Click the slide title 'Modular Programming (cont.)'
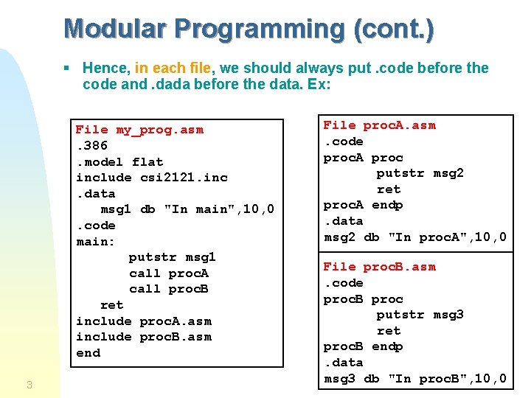[249, 29]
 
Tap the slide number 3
[29, 384]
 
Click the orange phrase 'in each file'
[173, 68]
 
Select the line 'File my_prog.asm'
[139, 130]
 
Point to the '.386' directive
[91, 146]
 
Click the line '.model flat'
[119, 162]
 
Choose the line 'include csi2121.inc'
[152, 178]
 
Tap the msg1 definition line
[187, 209]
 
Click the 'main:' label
[96, 242]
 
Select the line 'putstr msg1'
[172, 257]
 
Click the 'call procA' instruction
[169, 273]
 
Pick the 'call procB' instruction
[169, 289]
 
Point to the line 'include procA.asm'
[144, 321]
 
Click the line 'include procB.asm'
[144, 337]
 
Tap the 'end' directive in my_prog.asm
[88, 353]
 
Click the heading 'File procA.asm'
[380, 125]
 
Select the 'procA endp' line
[363, 205]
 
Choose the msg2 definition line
[415, 237]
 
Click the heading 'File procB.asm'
[380, 267]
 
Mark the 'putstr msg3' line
[420, 315]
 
